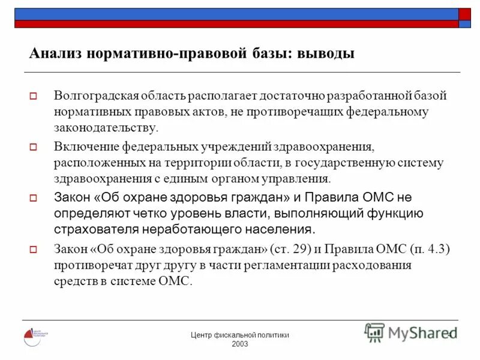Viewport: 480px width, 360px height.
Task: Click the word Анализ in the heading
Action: coord(55,54)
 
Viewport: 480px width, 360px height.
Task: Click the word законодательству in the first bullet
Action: coord(106,128)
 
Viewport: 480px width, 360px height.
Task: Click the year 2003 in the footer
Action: coord(239,344)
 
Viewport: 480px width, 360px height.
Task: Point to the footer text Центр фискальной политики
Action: coord(239,335)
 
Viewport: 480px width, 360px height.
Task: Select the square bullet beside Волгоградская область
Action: coord(34,96)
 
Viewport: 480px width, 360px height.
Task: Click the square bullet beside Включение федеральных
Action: coord(34,147)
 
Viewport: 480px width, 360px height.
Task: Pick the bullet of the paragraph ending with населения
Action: coord(34,197)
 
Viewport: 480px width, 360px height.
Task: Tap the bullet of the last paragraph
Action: coord(34,249)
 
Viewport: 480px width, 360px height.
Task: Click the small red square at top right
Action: coord(465,14)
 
